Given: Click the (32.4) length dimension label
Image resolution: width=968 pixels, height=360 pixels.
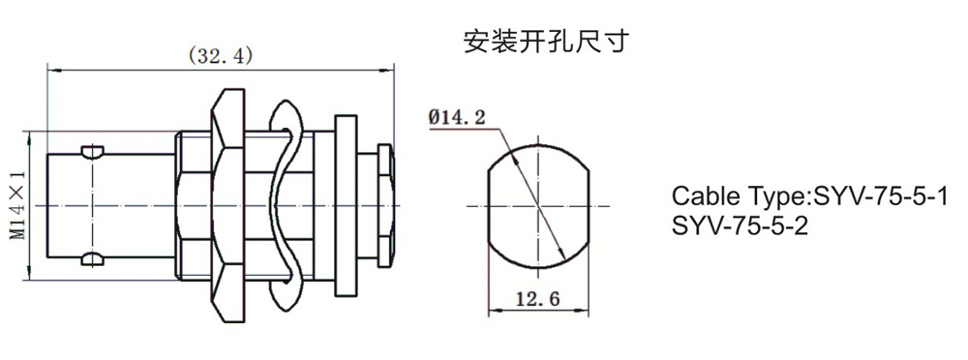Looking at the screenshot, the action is (x=220, y=56).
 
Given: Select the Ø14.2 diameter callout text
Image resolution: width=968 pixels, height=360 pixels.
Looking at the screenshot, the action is (x=458, y=117).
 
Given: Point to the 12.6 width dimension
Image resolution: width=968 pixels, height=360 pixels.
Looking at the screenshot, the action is (x=537, y=299).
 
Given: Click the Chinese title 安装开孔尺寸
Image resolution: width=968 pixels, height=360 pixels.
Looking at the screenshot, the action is (x=546, y=42).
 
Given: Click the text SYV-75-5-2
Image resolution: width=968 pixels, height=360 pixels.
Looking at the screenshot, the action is (x=740, y=226).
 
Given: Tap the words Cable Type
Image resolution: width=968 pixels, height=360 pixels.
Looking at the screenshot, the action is (x=739, y=197).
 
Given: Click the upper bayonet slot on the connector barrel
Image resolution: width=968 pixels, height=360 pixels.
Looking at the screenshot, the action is (x=93, y=152).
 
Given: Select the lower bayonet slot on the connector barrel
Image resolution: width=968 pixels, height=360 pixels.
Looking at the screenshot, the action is (x=93, y=259).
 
